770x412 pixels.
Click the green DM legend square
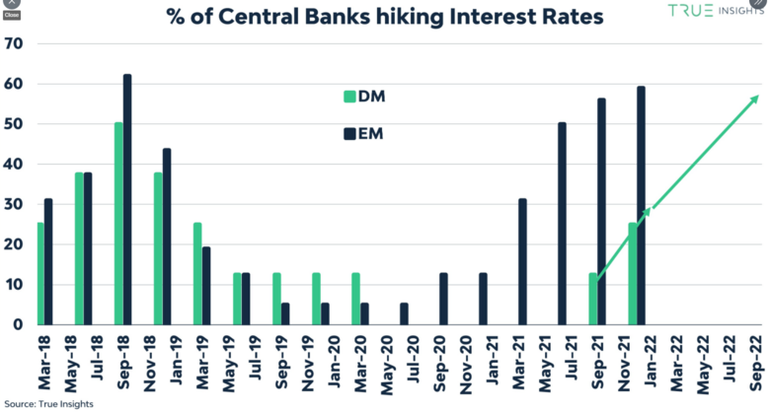348,96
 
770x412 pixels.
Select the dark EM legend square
348,131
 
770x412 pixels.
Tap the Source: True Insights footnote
45,404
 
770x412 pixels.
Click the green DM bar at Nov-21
632,274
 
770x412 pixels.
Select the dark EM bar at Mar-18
48,262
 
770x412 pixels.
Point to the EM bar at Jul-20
404,313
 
